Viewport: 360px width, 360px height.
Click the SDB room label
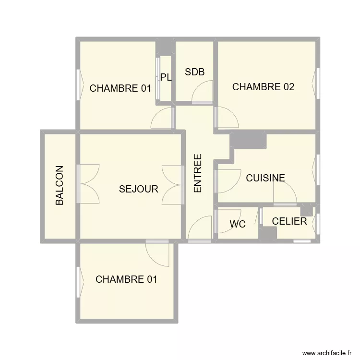(x=194, y=72)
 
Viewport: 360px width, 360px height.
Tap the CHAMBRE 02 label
(x=263, y=87)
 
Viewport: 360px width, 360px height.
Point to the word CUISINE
(x=265, y=178)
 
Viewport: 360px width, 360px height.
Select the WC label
(x=238, y=224)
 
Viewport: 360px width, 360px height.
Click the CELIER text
(x=289, y=221)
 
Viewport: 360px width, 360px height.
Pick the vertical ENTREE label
(x=198, y=173)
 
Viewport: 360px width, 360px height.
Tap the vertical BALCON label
(x=60, y=185)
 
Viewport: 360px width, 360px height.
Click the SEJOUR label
(x=138, y=189)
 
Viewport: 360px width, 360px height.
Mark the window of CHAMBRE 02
(x=317, y=84)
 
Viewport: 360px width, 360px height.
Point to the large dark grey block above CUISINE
(x=248, y=141)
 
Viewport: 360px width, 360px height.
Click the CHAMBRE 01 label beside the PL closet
(x=120, y=88)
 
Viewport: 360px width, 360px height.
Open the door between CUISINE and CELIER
(x=285, y=193)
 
